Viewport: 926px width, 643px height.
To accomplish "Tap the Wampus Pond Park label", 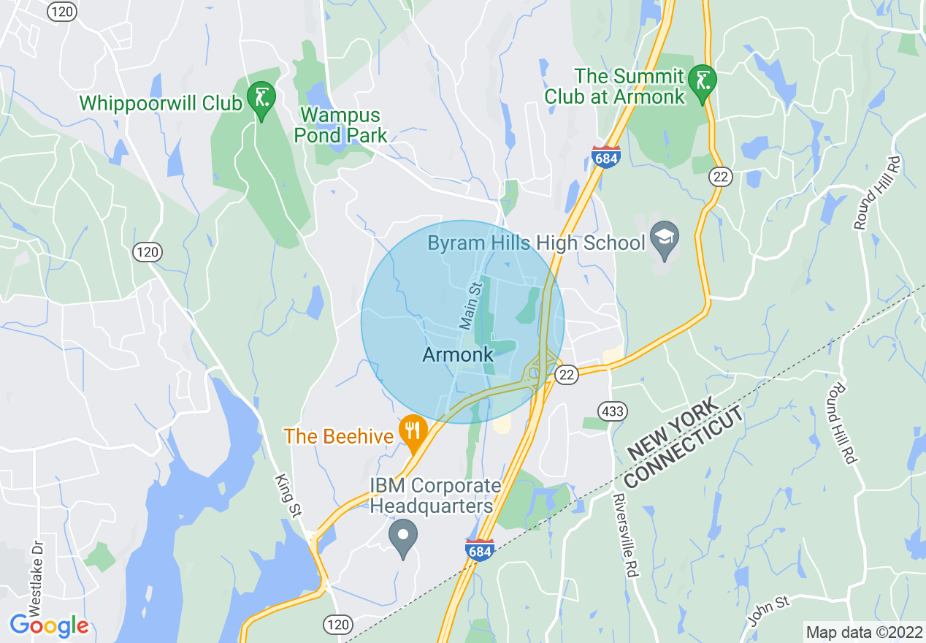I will click(x=340, y=125).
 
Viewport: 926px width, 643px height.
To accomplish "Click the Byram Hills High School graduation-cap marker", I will click(x=665, y=239).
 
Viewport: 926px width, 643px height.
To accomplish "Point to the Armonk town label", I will click(x=458, y=355).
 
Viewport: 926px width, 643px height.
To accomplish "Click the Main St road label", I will click(x=472, y=304).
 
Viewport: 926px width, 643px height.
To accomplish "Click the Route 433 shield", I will click(x=613, y=411).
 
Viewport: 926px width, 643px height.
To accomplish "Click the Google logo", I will click(x=49, y=625).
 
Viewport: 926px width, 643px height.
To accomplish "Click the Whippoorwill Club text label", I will click(x=161, y=103).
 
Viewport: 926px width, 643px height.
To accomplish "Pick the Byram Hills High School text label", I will click(x=536, y=243).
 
